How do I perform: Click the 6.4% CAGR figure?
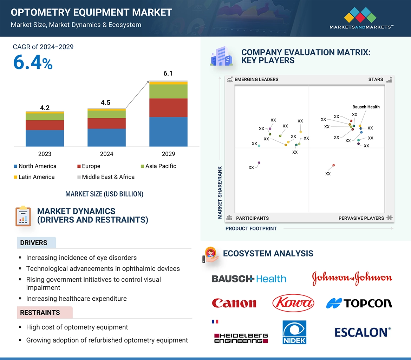pos(33,62)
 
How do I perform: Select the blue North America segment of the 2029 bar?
pos(168,132)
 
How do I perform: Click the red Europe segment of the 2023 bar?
pos(45,125)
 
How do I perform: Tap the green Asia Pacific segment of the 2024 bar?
pos(106,114)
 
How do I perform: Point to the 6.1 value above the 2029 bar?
pos(168,73)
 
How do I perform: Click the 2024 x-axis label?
pos(106,154)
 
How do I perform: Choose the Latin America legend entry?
pos(34,177)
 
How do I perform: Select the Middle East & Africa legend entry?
pos(105,177)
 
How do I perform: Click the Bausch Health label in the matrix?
pos(366,107)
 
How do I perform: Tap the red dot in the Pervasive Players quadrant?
pos(333,165)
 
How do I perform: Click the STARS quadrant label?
pos(376,79)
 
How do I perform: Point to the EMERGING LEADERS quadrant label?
pos(256,79)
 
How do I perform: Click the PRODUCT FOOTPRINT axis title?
pos(251,228)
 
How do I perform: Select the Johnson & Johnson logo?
pos(352,278)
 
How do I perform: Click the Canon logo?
pos(234,303)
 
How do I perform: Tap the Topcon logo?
pos(359,303)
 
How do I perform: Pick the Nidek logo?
pos(294,332)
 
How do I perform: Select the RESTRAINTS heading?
pos(40,312)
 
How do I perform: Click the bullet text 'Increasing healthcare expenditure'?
pos(76,299)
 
